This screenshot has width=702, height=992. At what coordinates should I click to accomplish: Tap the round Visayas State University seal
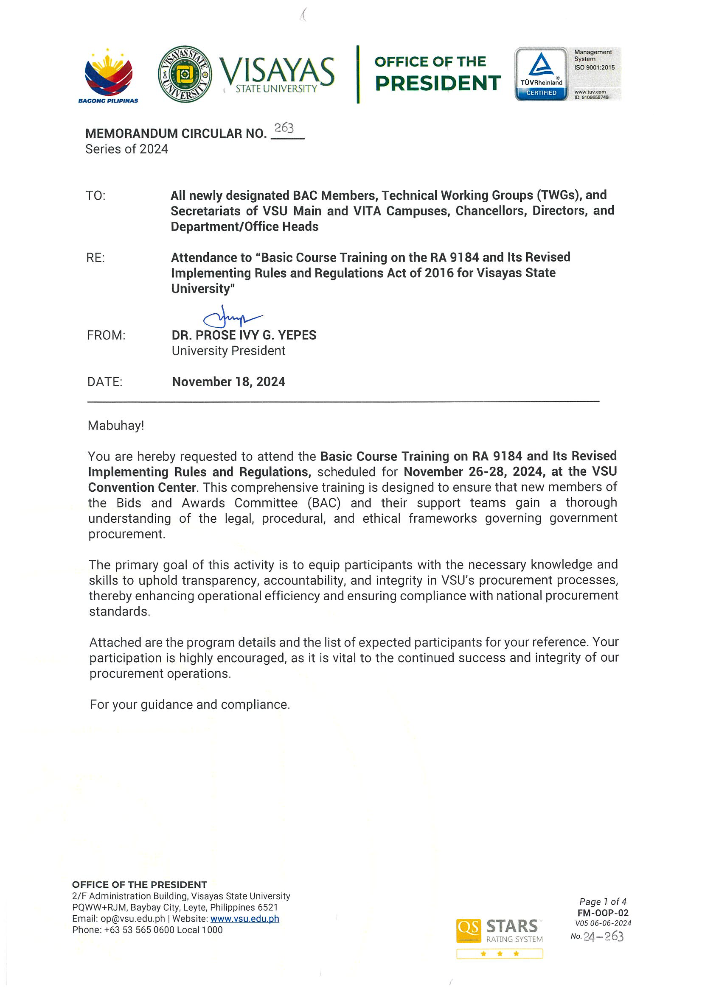(185, 74)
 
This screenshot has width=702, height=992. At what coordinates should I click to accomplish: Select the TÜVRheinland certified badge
(541, 74)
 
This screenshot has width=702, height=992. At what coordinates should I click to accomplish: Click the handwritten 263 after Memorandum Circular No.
(284, 128)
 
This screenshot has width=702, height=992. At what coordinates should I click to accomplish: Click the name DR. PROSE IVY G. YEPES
(244, 335)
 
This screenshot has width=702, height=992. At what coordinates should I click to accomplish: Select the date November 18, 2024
(228, 382)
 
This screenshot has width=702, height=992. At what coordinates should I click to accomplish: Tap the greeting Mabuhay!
(115, 426)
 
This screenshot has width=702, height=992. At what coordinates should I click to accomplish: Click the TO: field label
(95, 196)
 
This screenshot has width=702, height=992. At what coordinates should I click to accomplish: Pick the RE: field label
(95, 258)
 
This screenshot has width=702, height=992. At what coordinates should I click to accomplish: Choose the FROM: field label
(106, 335)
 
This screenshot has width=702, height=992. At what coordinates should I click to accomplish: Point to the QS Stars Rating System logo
(499, 932)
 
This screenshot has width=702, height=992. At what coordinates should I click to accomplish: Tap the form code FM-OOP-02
(603, 913)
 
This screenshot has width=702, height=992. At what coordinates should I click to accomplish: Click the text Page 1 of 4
(603, 902)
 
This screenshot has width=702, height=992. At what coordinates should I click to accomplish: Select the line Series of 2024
(126, 149)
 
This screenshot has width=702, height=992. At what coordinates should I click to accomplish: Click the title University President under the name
(228, 351)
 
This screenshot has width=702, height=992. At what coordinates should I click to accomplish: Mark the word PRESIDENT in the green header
(437, 84)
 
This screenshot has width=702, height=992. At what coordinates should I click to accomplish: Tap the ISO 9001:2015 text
(594, 67)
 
